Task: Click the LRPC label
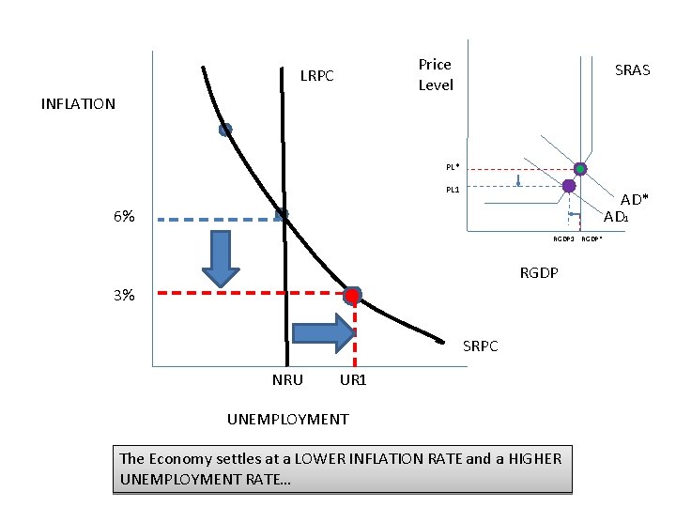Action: pos(316,76)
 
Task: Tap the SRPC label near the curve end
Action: pos(481,346)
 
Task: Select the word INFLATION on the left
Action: pos(78,104)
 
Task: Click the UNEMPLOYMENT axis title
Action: pos(288,419)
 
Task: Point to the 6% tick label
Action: pos(123,217)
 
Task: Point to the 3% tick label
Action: pos(123,295)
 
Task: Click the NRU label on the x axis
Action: pos(287,380)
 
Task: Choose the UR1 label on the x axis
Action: pos(353,380)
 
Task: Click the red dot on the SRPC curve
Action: pos(352,297)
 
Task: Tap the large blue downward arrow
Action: pos(222,257)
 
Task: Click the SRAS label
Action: pos(632,70)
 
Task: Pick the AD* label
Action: pos(634,200)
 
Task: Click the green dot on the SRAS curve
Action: pos(580,169)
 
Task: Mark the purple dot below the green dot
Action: pos(569,186)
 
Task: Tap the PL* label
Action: pos(453,167)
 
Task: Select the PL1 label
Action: pos(453,190)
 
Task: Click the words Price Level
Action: pos(436,75)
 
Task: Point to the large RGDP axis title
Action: pos(539,274)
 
